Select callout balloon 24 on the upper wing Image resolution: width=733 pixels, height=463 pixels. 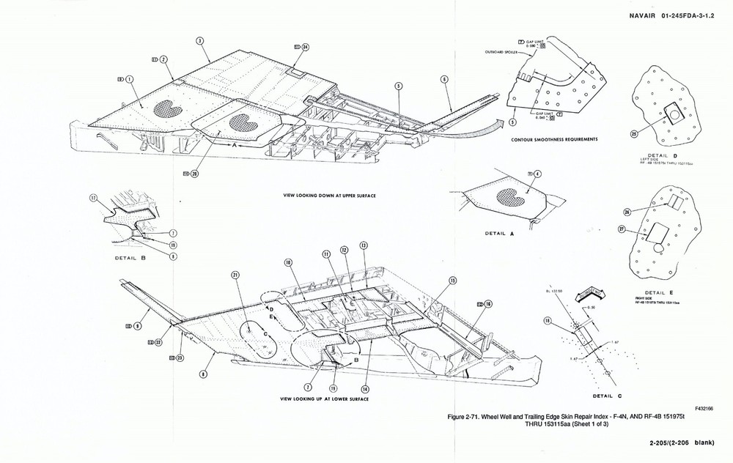tap(305, 47)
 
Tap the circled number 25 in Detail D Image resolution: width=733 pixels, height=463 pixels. tap(634, 133)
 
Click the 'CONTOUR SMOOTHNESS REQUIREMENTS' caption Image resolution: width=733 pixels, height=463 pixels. tap(557, 138)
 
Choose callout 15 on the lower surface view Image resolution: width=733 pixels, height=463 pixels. tap(452, 281)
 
